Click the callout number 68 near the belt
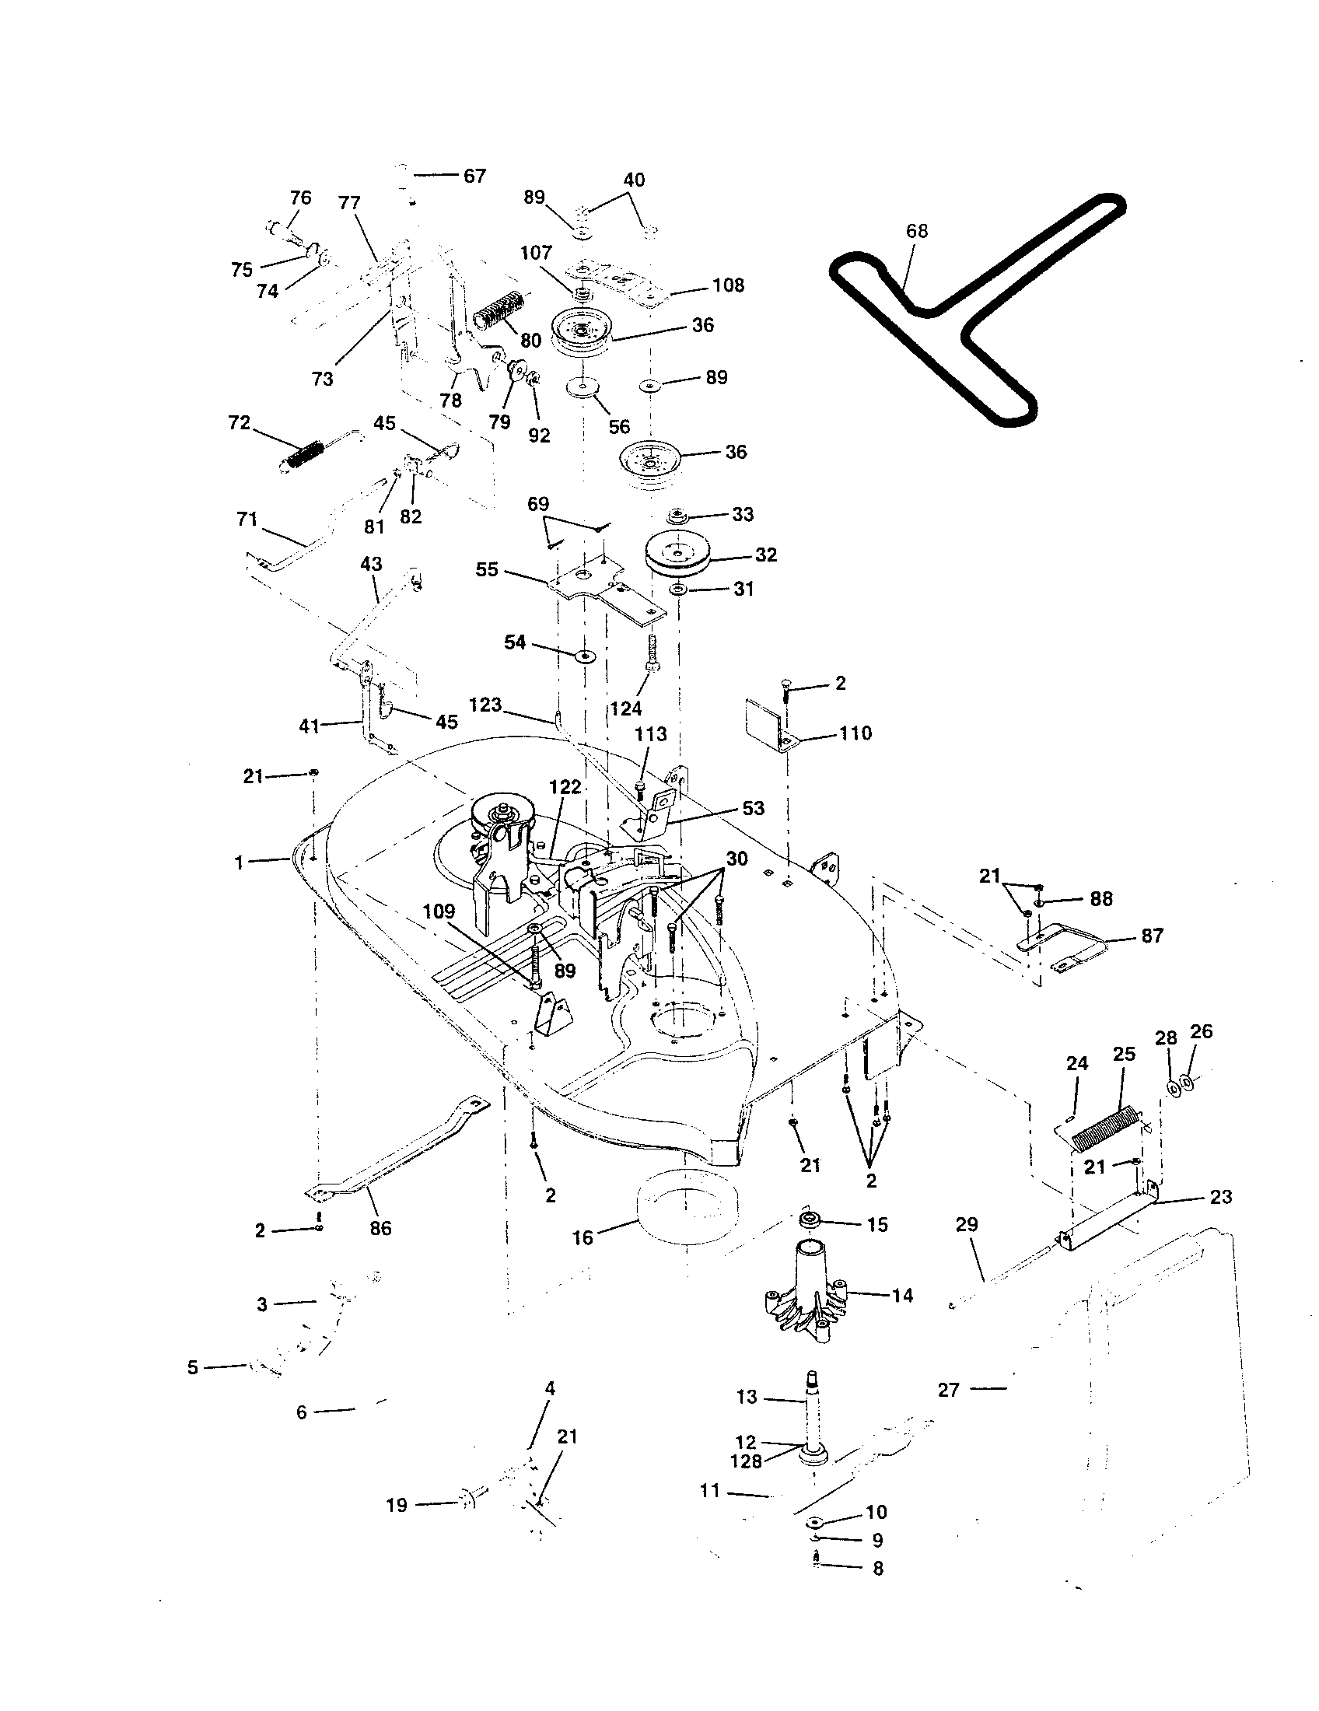pyautogui.click(x=916, y=231)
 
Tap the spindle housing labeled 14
pyautogui.click(x=806, y=1296)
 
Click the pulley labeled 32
pyautogui.click(x=677, y=555)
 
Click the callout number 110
pyautogui.click(x=855, y=733)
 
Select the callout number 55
pyautogui.click(x=486, y=569)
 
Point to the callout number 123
pyautogui.click(x=485, y=705)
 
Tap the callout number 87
pyautogui.click(x=1152, y=936)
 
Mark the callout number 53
pyautogui.click(x=753, y=808)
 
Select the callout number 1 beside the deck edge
pyautogui.click(x=239, y=862)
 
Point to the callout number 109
pyautogui.click(x=439, y=911)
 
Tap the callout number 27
pyautogui.click(x=949, y=1390)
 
